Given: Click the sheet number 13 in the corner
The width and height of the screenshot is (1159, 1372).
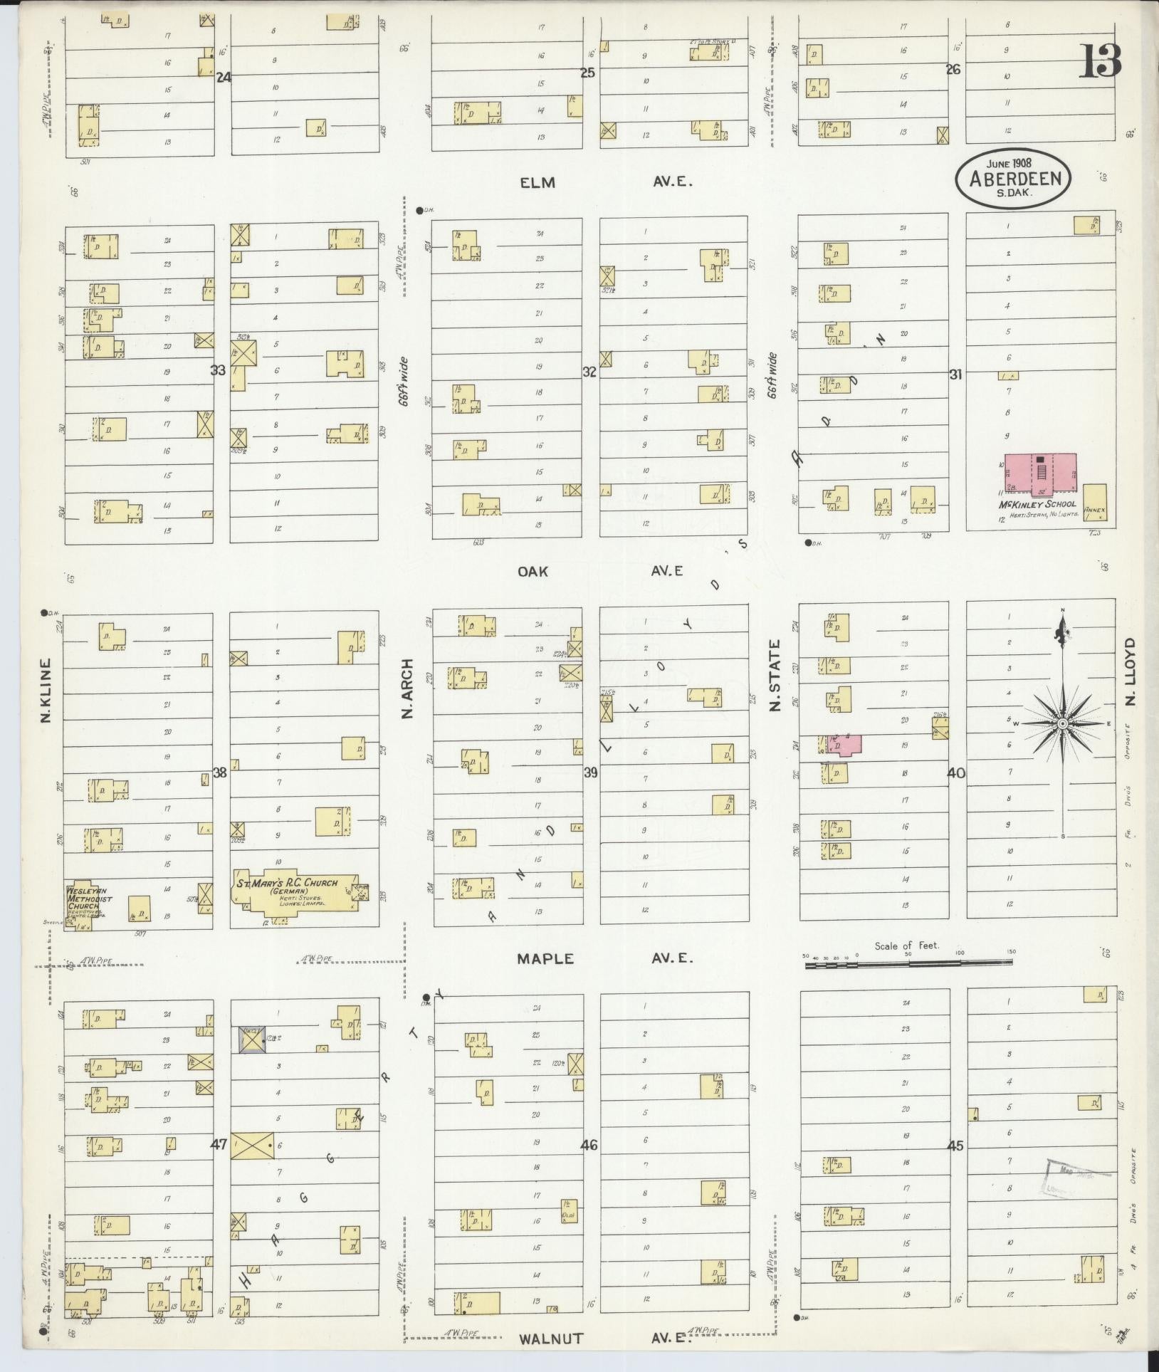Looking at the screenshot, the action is coord(1101,61).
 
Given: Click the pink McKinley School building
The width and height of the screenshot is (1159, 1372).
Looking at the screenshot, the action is coord(1040,472).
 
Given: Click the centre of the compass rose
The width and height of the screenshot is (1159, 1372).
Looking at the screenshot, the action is coord(1061,723).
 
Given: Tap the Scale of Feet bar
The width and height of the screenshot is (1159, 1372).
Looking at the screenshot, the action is coord(908,965).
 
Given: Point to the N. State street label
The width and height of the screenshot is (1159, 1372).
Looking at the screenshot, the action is coord(775,675).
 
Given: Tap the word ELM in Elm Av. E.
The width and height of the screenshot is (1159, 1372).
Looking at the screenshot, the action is coord(537,183).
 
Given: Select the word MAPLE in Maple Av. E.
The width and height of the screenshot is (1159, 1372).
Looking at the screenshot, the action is coord(545,958).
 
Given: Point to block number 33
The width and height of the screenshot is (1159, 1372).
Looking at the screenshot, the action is coord(218,370).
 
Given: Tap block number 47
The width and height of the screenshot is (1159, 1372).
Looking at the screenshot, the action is coord(219,1145).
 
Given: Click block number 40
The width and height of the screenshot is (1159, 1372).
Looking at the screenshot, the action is coord(956,773).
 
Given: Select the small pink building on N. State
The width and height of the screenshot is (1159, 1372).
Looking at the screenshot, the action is coord(846,744).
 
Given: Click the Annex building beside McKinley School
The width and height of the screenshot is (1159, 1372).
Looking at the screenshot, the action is coord(1095,503).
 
